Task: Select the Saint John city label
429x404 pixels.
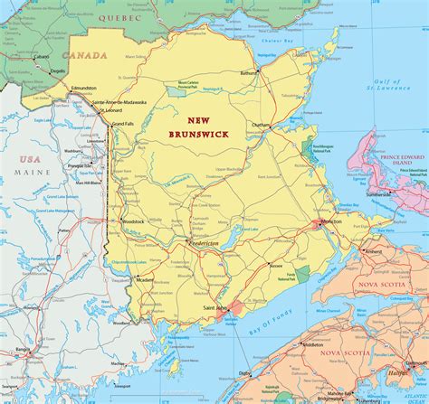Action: [215, 308]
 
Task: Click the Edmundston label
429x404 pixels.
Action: [83, 88]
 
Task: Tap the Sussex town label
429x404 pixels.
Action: [275, 267]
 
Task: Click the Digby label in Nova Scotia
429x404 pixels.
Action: [245, 372]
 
